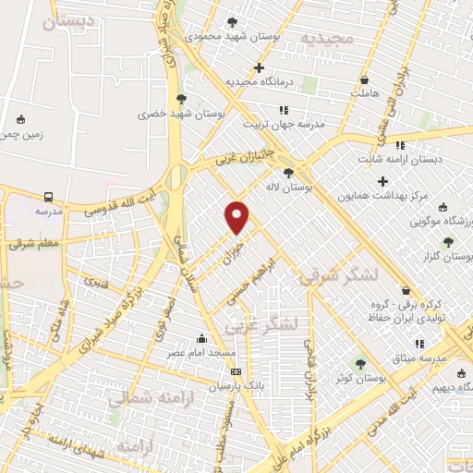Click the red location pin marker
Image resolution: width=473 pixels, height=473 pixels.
[x=237, y=216]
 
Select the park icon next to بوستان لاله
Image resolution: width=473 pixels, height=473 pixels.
[x=289, y=172]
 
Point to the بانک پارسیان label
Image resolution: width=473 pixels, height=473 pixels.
[x=236, y=385]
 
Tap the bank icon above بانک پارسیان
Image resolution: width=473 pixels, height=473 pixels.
[x=236, y=371]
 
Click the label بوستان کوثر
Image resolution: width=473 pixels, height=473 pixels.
[x=361, y=379]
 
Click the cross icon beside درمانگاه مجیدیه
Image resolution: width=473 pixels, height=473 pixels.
[x=259, y=67]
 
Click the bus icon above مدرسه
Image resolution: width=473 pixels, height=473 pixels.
[x=48, y=197]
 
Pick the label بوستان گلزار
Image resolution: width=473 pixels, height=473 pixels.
[x=449, y=256]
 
